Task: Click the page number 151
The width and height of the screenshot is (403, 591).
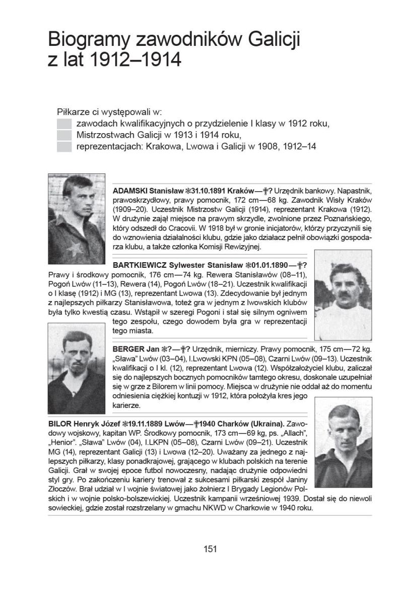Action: pyautogui.click(x=210, y=549)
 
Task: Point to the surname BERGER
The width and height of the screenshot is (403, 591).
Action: pyautogui.click(x=128, y=348)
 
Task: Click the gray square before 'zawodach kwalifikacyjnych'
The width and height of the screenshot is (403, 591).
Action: pyautogui.click(x=64, y=124)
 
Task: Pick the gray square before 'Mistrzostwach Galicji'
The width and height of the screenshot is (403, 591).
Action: pyautogui.click(x=64, y=135)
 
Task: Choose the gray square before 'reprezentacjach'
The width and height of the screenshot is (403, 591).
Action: pyautogui.click(x=64, y=147)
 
